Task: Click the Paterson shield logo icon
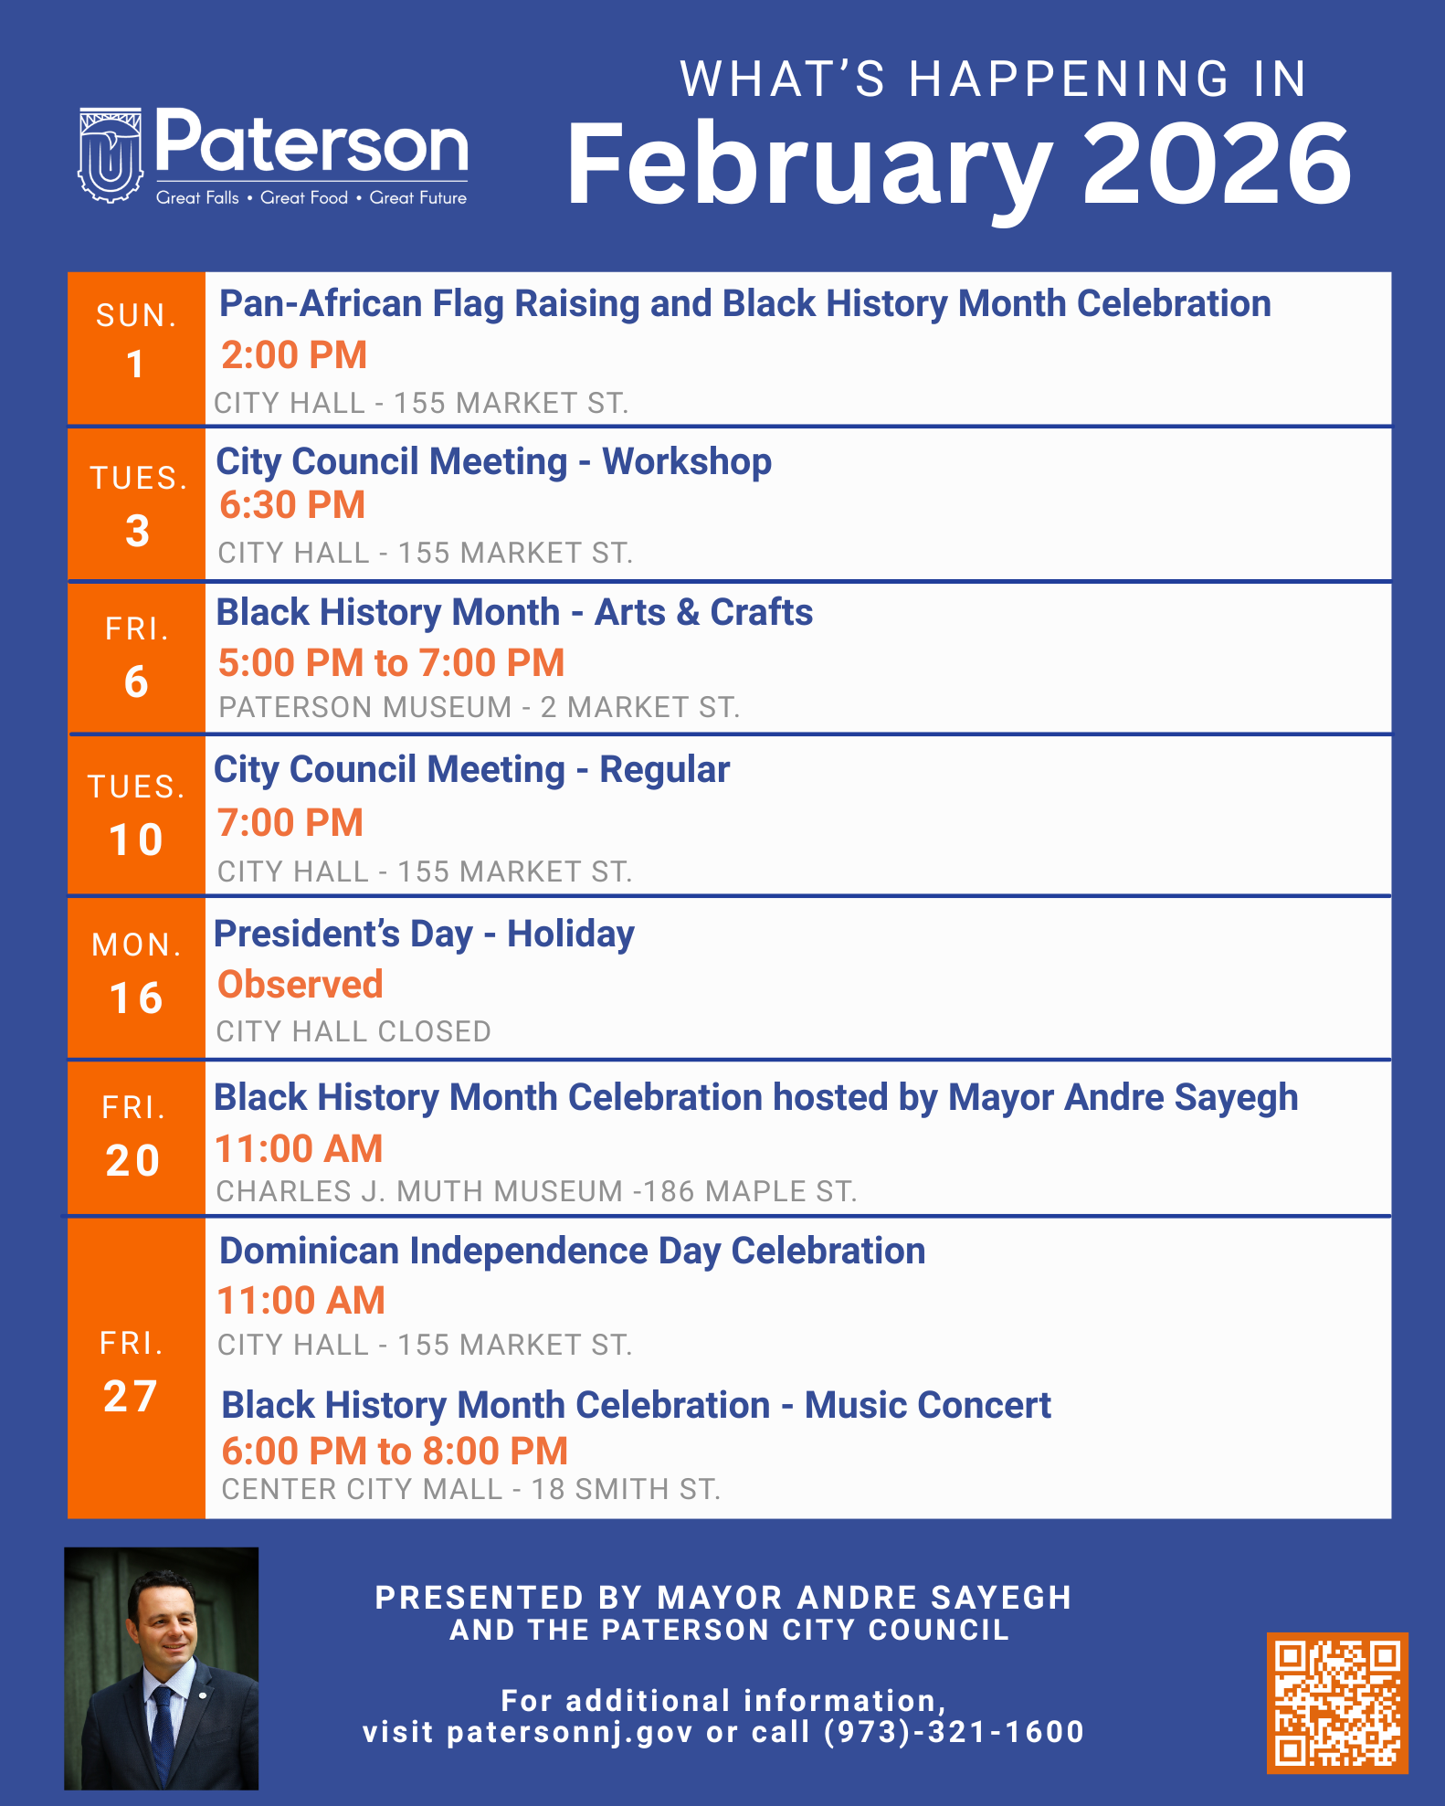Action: (111, 154)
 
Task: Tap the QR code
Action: (1337, 1703)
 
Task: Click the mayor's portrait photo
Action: (162, 1668)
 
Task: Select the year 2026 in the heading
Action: (1216, 164)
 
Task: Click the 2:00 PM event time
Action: (294, 355)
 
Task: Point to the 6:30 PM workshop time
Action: (292, 505)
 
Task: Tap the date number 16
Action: (136, 998)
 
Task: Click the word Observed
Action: (300, 985)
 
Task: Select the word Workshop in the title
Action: (687, 461)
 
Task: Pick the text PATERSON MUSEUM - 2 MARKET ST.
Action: (480, 707)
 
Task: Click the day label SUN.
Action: (137, 315)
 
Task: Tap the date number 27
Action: (131, 1397)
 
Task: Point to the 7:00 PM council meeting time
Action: (290, 822)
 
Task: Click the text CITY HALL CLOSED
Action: (353, 1031)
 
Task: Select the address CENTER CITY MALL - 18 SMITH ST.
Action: (471, 1489)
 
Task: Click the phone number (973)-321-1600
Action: (954, 1732)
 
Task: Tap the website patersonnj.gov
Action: (570, 1732)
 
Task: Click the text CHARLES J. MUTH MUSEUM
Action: (419, 1191)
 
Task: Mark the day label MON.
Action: (137, 945)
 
